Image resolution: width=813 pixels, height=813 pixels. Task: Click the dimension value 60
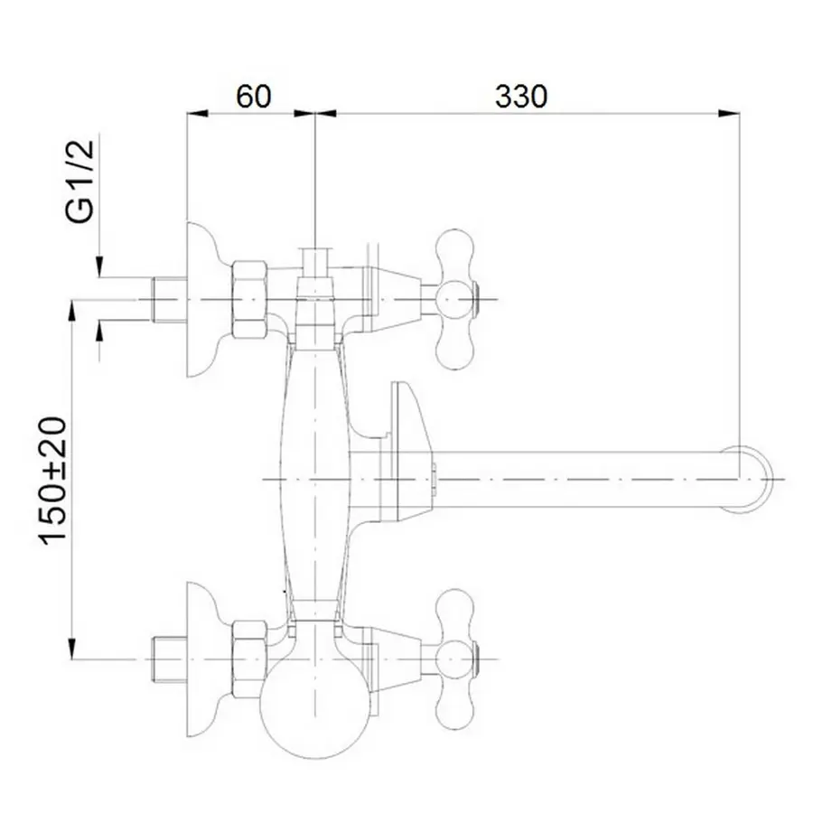click(x=254, y=96)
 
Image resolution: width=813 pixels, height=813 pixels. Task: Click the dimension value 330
click(x=521, y=96)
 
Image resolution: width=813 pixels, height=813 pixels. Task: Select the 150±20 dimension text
click(x=55, y=480)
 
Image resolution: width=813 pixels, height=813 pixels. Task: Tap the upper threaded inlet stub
click(x=168, y=297)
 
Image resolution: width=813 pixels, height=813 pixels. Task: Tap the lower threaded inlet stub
click(x=168, y=654)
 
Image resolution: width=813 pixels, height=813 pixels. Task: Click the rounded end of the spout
click(x=755, y=478)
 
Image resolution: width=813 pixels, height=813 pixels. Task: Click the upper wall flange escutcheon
click(x=203, y=298)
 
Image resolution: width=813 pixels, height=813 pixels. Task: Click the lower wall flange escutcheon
click(x=203, y=654)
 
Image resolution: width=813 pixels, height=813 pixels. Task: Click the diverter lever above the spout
click(x=406, y=416)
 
